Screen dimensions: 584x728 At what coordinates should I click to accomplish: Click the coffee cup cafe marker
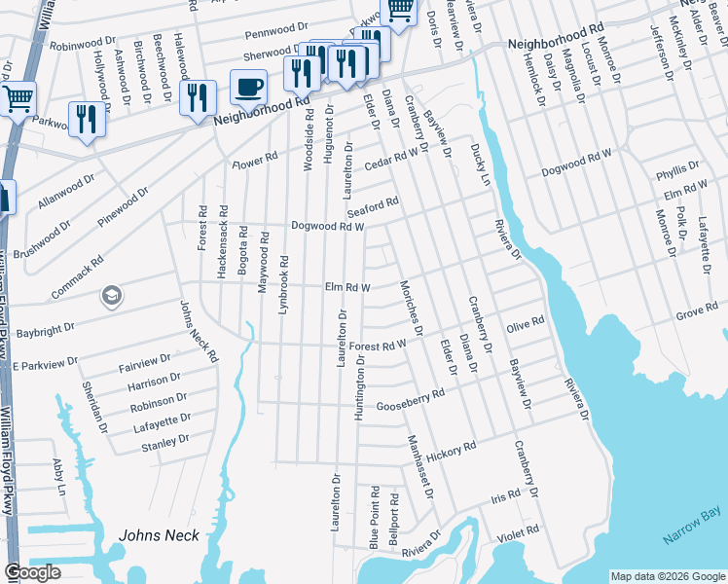click(x=248, y=88)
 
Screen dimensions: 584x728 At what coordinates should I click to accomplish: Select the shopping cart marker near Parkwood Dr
click(x=17, y=98)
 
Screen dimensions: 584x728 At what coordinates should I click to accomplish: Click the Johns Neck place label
click(x=159, y=535)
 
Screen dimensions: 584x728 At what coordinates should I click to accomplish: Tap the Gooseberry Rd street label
click(x=410, y=399)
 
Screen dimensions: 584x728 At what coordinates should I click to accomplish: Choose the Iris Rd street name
click(x=506, y=496)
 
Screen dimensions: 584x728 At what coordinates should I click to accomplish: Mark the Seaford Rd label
click(x=374, y=207)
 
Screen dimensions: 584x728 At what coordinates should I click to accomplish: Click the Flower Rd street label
click(x=255, y=161)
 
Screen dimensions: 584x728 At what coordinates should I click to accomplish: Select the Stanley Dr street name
click(x=165, y=442)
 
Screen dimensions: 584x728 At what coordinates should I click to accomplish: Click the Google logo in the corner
click(x=32, y=573)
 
